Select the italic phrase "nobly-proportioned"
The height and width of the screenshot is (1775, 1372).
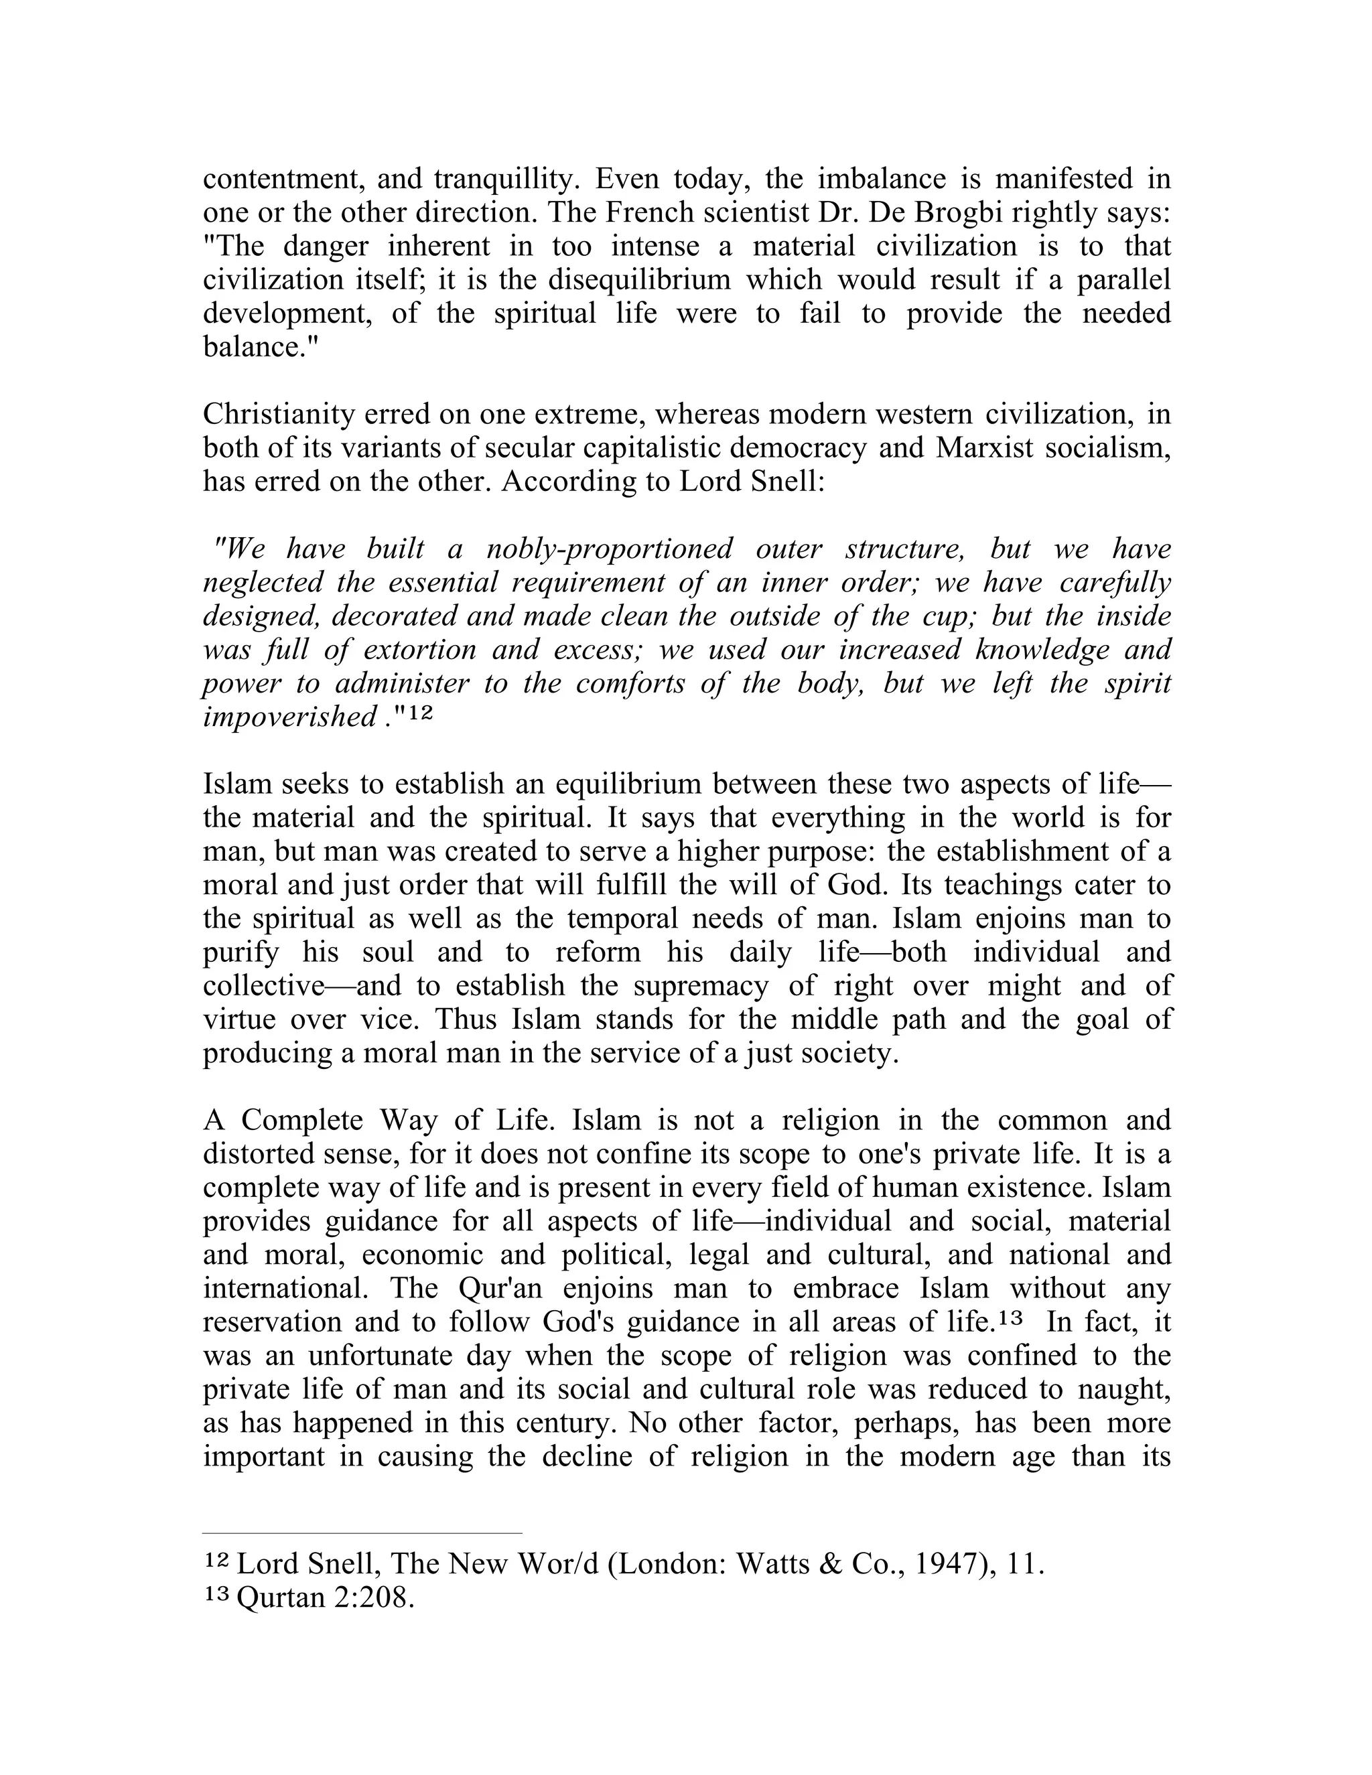pos(609,549)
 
